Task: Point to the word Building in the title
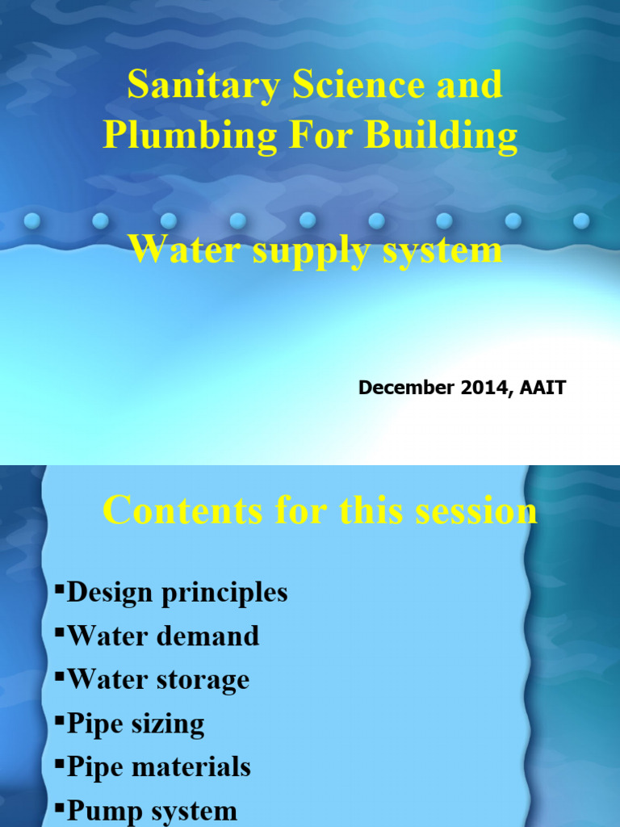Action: (x=441, y=136)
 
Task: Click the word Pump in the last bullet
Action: (x=100, y=810)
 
